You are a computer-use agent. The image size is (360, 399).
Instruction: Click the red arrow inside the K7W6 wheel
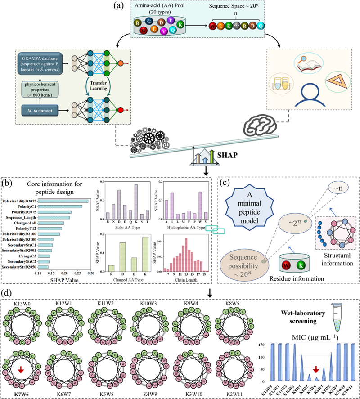tap(18, 357)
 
